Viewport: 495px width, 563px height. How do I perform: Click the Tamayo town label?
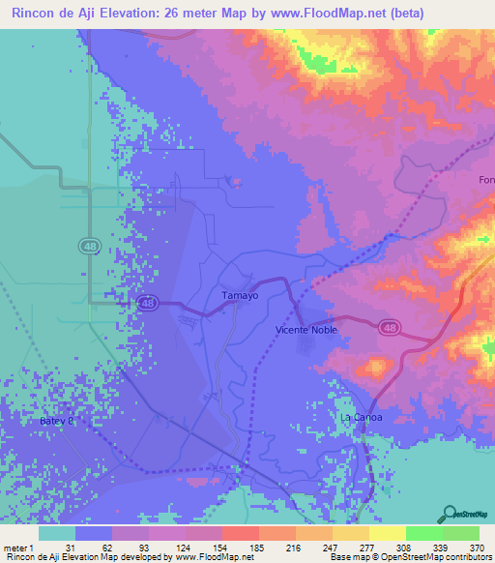(x=240, y=296)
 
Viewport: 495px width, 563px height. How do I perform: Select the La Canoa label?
(x=363, y=417)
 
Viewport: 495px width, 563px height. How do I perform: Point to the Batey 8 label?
(x=57, y=422)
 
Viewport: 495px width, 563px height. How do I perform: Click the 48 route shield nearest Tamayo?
(x=148, y=303)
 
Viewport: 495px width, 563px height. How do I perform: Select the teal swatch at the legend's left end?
(x=56, y=533)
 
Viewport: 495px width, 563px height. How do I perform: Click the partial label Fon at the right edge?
(x=486, y=180)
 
